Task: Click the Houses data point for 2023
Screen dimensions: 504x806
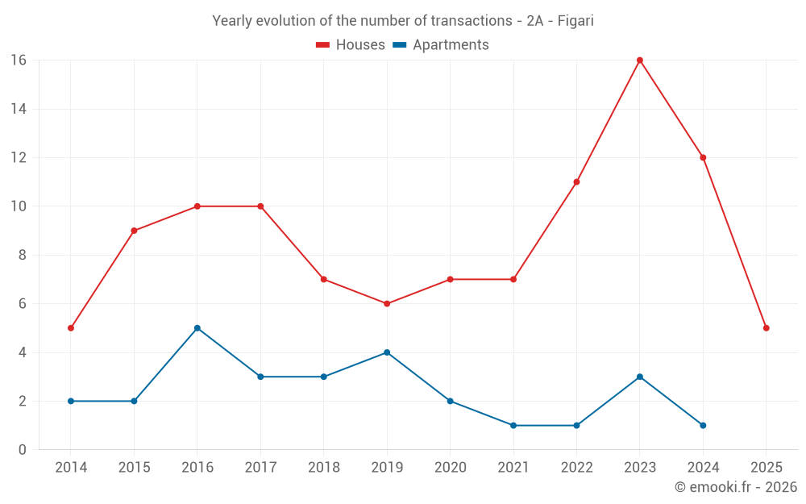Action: [640, 60]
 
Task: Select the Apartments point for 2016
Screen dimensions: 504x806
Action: [197, 328]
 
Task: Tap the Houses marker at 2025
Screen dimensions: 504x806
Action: [767, 328]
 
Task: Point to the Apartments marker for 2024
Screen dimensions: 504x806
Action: [703, 425]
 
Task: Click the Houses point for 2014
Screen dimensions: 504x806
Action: [71, 328]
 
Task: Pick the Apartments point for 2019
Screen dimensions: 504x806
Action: [387, 352]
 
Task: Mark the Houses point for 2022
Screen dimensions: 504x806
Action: [576, 182]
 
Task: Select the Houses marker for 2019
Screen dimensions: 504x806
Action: [387, 304]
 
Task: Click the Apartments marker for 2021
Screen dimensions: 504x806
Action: [513, 425]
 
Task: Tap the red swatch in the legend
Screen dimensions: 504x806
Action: [323, 45]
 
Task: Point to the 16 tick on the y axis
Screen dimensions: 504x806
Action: [19, 60]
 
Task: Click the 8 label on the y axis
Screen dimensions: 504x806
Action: [23, 255]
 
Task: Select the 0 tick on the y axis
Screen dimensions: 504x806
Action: [23, 449]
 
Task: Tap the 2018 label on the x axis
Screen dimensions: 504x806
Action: [324, 467]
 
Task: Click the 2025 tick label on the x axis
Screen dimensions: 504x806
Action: [767, 467]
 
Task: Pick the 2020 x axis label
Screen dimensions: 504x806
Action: [451, 467]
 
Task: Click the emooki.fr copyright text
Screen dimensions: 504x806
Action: [736, 487]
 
